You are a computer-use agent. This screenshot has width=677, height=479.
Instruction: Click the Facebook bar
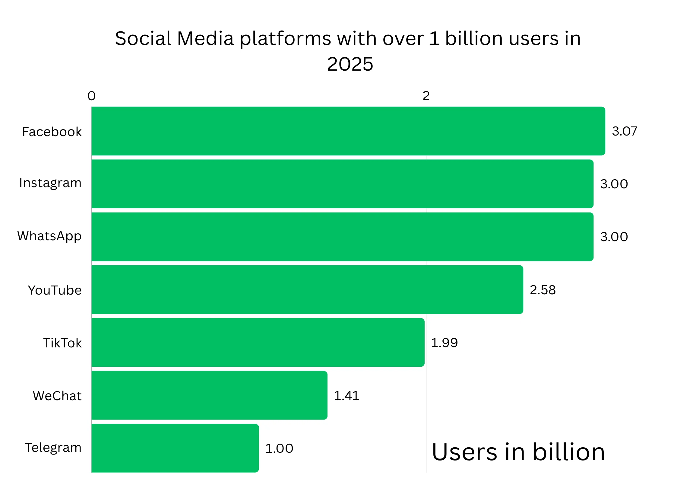click(348, 131)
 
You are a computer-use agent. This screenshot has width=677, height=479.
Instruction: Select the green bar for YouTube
click(307, 289)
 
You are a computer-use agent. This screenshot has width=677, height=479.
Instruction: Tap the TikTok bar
click(258, 342)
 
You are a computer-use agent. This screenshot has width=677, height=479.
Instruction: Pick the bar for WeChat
click(209, 395)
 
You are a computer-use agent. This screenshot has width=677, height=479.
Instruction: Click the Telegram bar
click(175, 448)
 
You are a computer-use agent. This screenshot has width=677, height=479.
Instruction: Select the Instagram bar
click(342, 184)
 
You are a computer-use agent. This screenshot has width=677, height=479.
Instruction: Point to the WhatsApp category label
click(49, 236)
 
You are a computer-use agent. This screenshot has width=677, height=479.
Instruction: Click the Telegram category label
click(53, 448)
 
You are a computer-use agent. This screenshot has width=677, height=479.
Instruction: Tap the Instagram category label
click(50, 183)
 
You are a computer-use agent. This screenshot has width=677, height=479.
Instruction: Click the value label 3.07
click(625, 131)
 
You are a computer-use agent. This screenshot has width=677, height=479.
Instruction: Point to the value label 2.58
click(543, 290)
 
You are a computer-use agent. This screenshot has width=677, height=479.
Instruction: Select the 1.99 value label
click(444, 343)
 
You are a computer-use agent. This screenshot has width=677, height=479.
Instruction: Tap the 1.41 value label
click(346, 395)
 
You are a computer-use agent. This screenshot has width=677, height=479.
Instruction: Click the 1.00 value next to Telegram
click(279, 448)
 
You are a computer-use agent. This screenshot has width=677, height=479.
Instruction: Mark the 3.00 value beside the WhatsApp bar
click(614, 237)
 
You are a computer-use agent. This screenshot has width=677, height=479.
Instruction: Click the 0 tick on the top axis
click(91, 96)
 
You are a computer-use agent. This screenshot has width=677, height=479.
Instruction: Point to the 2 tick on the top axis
click(426, 96)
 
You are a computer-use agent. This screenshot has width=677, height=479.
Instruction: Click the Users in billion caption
click(518, 452)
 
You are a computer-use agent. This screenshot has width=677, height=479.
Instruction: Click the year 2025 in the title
click(350, 64)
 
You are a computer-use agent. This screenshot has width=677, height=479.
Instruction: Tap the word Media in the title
click(205, 39)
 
